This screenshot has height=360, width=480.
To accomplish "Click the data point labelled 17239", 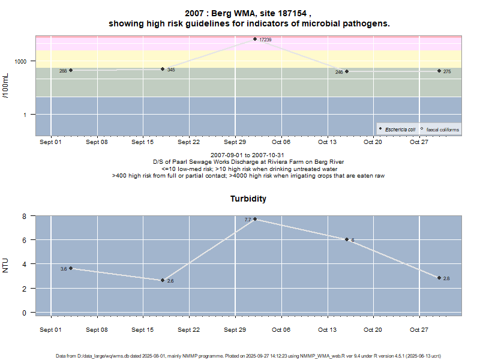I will (254, 39).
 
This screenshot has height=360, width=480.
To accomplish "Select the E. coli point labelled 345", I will (163, 69).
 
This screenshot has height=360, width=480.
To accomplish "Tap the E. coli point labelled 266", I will (71, 70).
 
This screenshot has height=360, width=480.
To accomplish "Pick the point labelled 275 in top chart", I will (439, 71).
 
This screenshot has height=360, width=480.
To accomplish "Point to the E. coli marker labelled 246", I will (347, 71).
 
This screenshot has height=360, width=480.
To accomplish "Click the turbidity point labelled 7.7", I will (255, 219).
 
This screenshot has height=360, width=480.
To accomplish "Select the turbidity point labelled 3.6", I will (71, 268).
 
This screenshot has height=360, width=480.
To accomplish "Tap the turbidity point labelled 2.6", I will (163, 280).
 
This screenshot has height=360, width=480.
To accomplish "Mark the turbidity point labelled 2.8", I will (439, 278).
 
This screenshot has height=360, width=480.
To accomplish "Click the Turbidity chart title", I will (248, 199).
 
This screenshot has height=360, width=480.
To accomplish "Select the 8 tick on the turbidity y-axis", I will (25, 216).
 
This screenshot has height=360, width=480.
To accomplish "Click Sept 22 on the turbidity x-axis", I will (188, 329).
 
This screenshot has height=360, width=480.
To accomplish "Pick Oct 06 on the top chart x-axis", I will (281, 142).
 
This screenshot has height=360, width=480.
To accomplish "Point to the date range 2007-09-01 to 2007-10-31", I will (248, 155).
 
